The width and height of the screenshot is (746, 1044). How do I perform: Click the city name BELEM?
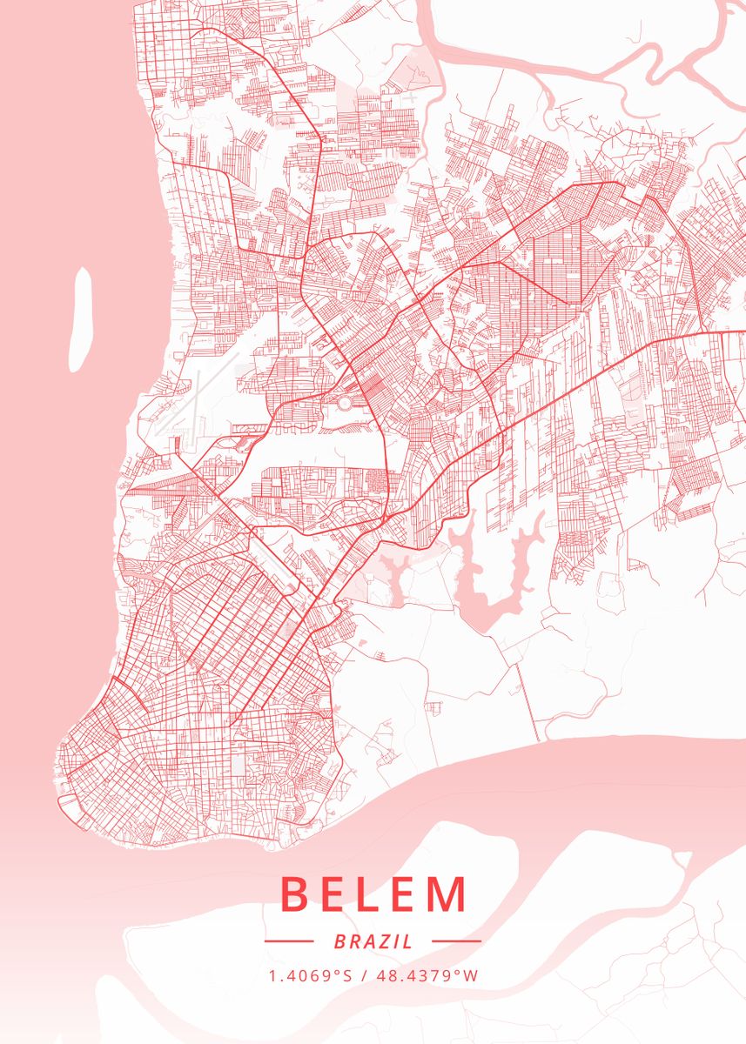click(x=373, y=894)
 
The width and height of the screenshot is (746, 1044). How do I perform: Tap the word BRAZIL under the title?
click(x=373, y=941)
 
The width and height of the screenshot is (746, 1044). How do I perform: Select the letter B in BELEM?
click(x=296, y=894)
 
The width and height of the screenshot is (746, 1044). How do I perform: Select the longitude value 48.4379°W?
click(x=427, y=975)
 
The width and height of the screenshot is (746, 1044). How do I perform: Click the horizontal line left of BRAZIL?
click(x=288, y=941)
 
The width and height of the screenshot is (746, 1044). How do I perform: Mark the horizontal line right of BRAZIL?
click(x=456, y=941)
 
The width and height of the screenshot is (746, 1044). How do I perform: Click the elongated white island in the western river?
click(x=82, y=319)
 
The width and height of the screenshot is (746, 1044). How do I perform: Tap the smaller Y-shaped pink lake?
click(x=393, y=575)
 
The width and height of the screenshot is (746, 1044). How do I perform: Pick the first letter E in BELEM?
click(x=338, y=894)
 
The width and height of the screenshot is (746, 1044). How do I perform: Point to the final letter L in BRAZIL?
click(x=408, y=941)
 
